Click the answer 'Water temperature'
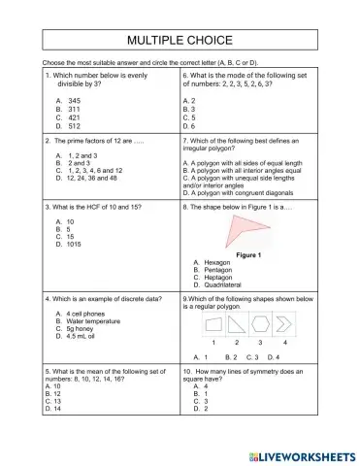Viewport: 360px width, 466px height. [97, 322]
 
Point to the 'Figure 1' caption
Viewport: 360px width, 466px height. [250, 254]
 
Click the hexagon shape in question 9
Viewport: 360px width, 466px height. [260, 323]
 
